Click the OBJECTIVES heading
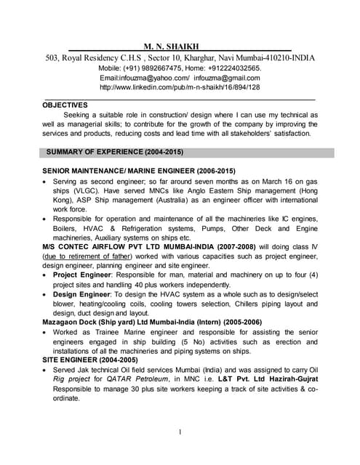[x=65, y=105]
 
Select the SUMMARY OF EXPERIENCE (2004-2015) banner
[x=114, y=153]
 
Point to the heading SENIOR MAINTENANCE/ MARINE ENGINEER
[x=116, y=169]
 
